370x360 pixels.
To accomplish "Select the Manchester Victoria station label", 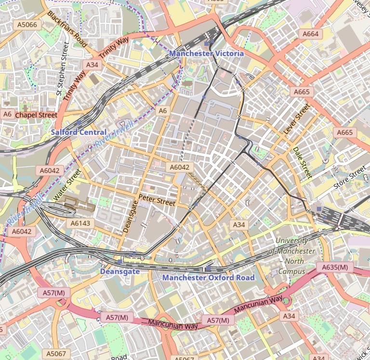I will point(206,53).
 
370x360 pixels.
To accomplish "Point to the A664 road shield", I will point(310,34).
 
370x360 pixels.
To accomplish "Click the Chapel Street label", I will point(36,115).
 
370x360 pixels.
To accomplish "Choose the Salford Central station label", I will point(79,132).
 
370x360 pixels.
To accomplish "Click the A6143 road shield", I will point(80,223).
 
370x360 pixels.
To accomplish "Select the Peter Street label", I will point(157,200).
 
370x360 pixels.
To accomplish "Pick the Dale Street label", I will point(303,162).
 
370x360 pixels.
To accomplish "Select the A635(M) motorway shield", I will point(335,267).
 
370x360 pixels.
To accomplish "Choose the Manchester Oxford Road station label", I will point(208,278).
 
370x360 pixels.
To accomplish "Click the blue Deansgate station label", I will point(119,271).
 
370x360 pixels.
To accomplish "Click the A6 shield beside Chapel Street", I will point(7,114).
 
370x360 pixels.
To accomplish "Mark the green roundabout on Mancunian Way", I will point(287,301).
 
